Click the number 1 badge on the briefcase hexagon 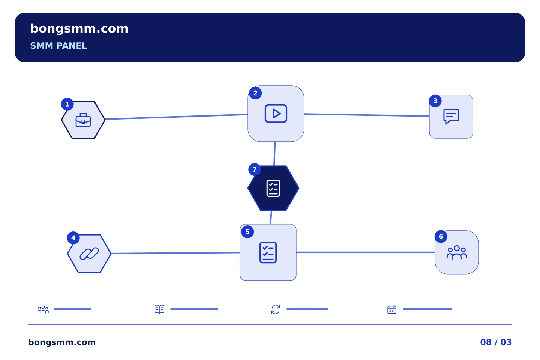67,104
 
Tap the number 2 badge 255,93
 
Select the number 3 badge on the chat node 435,101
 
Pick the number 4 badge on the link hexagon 73,238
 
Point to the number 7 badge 255,169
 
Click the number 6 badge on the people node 441,237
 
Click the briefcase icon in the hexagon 83,120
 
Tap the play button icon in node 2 276,114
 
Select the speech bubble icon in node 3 451,117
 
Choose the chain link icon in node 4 89,253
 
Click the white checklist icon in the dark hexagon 273,188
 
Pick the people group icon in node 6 457,252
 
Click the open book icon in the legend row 159,309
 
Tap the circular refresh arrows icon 276,309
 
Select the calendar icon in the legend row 392,309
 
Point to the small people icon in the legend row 43,309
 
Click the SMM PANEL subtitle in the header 58,46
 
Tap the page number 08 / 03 496,342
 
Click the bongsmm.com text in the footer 62,342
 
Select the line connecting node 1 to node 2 177,117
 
